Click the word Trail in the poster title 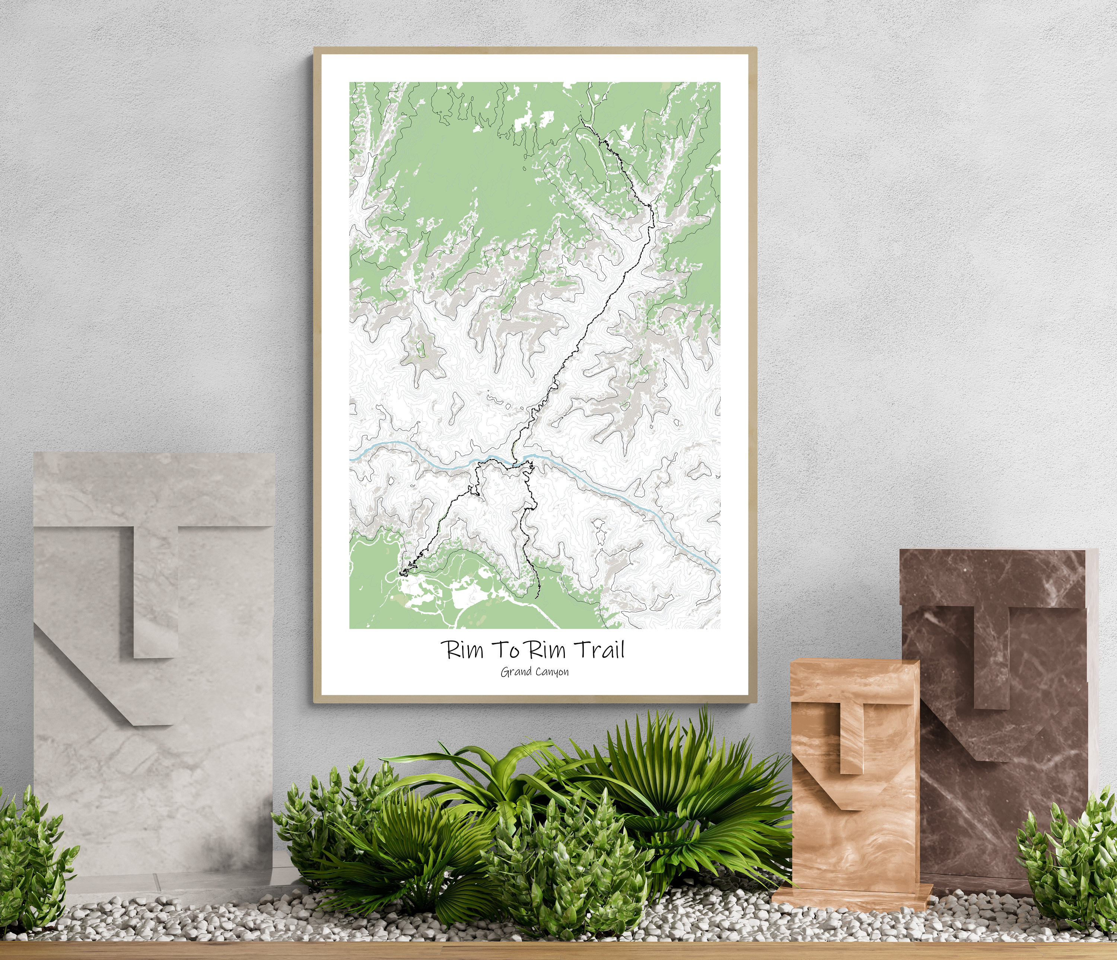pos(601,650)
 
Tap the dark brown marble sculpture pos(997,674)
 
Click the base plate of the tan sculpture pos(852,893)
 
